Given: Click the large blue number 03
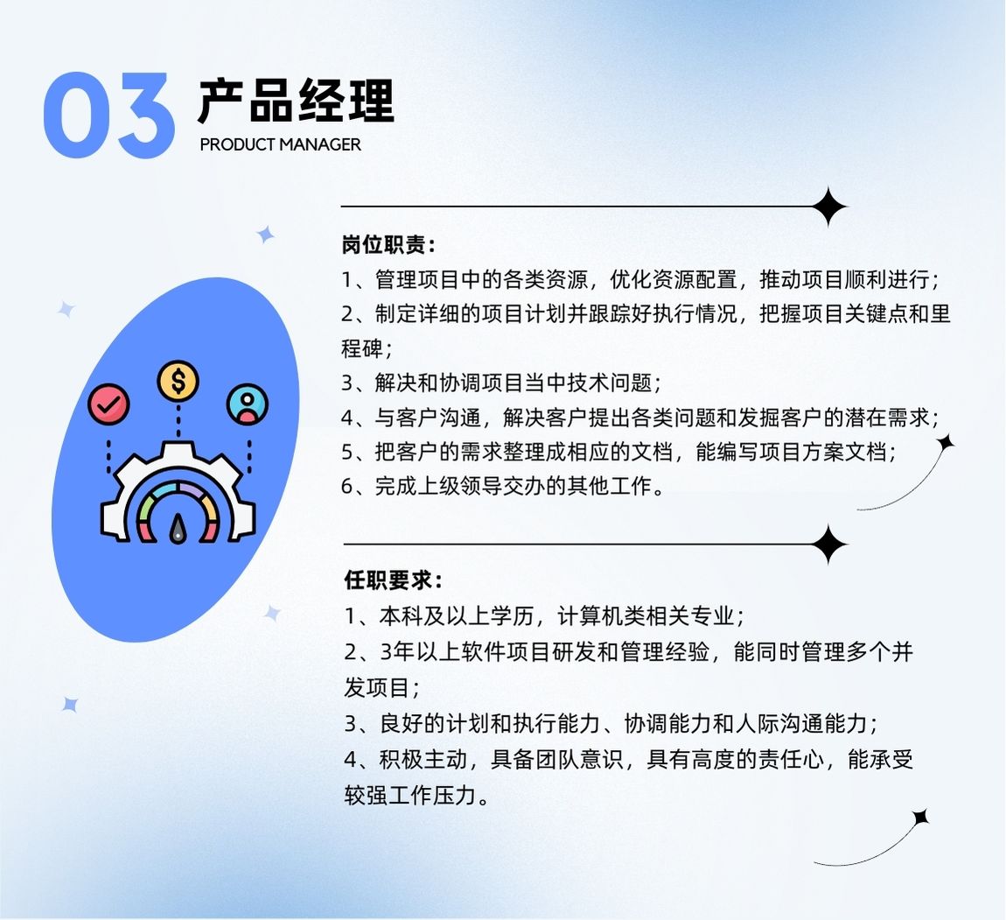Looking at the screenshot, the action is point(109,116).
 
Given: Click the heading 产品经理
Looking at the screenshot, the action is point(296,101).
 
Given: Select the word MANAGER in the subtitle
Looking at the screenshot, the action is point(320,144).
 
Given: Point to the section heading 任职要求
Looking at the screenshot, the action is point(388,580).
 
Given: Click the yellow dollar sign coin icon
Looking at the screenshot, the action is point(178,381).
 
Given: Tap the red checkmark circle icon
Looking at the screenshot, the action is point(108,404).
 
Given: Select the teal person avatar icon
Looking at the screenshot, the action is point(248,404).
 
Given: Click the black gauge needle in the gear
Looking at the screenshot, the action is point(178,529).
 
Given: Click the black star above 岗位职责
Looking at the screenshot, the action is point(829,207).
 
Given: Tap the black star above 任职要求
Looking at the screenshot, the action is point(829,544).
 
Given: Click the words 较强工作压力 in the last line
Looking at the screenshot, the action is point(409,796).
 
